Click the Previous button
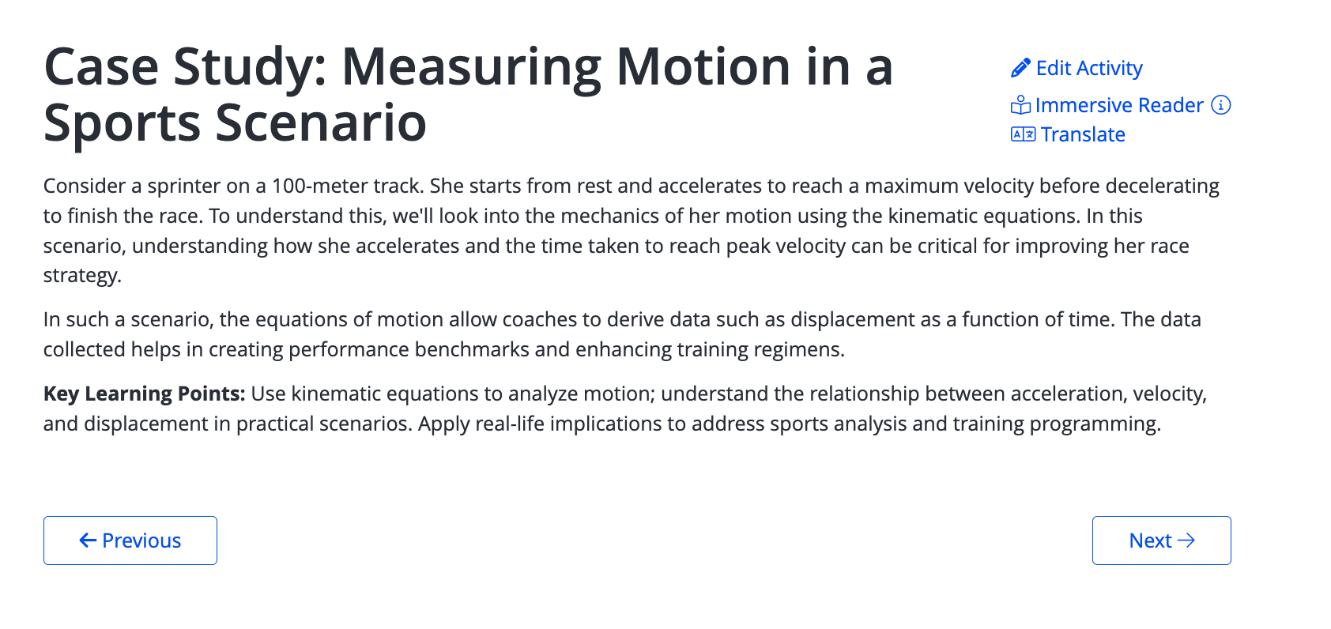(130, 540)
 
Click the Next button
(1162, 540)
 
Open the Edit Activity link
(1076, 68)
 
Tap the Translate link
(1069, 134)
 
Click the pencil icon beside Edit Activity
(1020, 68)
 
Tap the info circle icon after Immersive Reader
(1221, 105)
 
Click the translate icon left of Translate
(1023, 135)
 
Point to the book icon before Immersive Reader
(1020, 105)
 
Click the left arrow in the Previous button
(88, 540)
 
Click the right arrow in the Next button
(1186, 540)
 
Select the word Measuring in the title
(472, 69)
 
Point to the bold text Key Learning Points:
(145, 394)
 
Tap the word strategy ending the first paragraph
(82, 276)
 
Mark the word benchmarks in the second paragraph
(472, 349)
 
